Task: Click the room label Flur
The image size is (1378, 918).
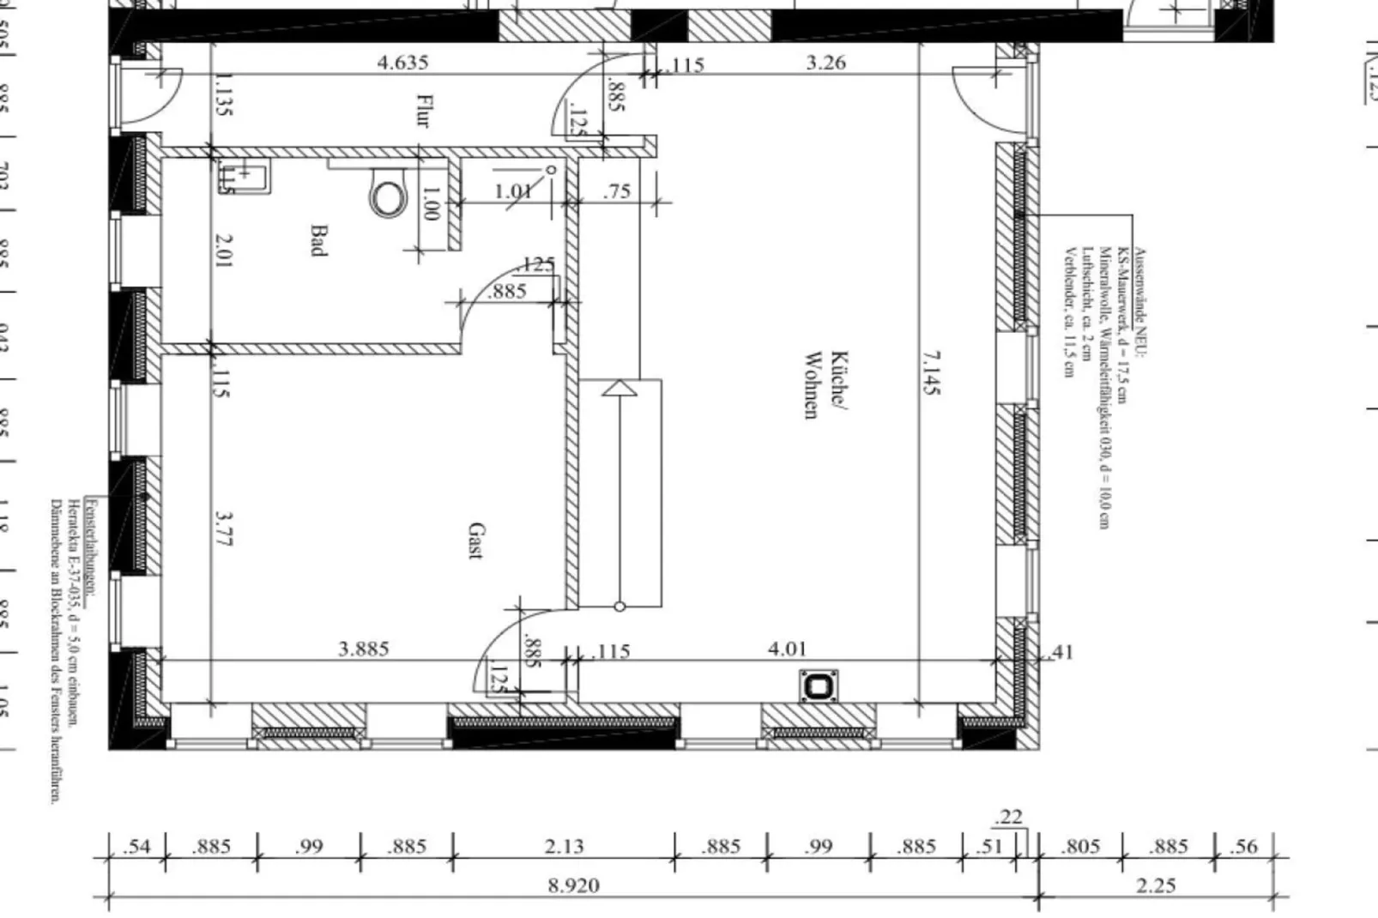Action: pos(422,111)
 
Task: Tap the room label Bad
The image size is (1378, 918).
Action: pos(318,240)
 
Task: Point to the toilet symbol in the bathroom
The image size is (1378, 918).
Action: pos(388,196)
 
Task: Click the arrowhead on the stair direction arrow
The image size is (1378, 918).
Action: pos(619,389)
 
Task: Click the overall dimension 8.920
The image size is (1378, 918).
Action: pos(573,885)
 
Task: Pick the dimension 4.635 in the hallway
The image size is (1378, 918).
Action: pos(402,62)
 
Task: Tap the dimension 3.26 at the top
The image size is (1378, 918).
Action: pos(825,62)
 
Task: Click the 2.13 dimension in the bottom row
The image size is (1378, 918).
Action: pos(564,846)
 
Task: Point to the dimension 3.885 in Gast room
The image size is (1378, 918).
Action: pos(364,649)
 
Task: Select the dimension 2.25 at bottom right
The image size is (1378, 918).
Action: pos(1155,885)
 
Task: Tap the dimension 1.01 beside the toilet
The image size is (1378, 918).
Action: pos(513,190)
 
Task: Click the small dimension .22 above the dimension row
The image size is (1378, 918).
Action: pos(1010,816)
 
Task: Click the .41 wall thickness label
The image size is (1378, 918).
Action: pos(1061,652)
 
